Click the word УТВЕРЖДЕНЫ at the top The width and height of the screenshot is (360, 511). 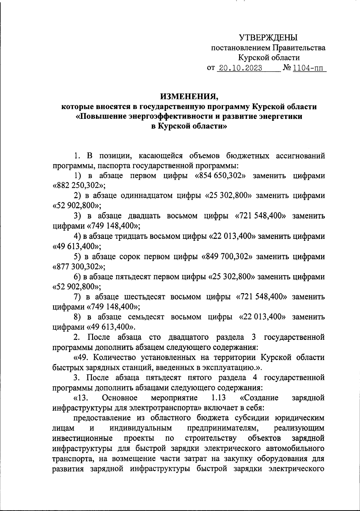pyautogui.click(x=268, y=38)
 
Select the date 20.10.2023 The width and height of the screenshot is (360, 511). pyautogui.click(x=239, y=68)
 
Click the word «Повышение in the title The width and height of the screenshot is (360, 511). pyautogui.click(x=103, y=117)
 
